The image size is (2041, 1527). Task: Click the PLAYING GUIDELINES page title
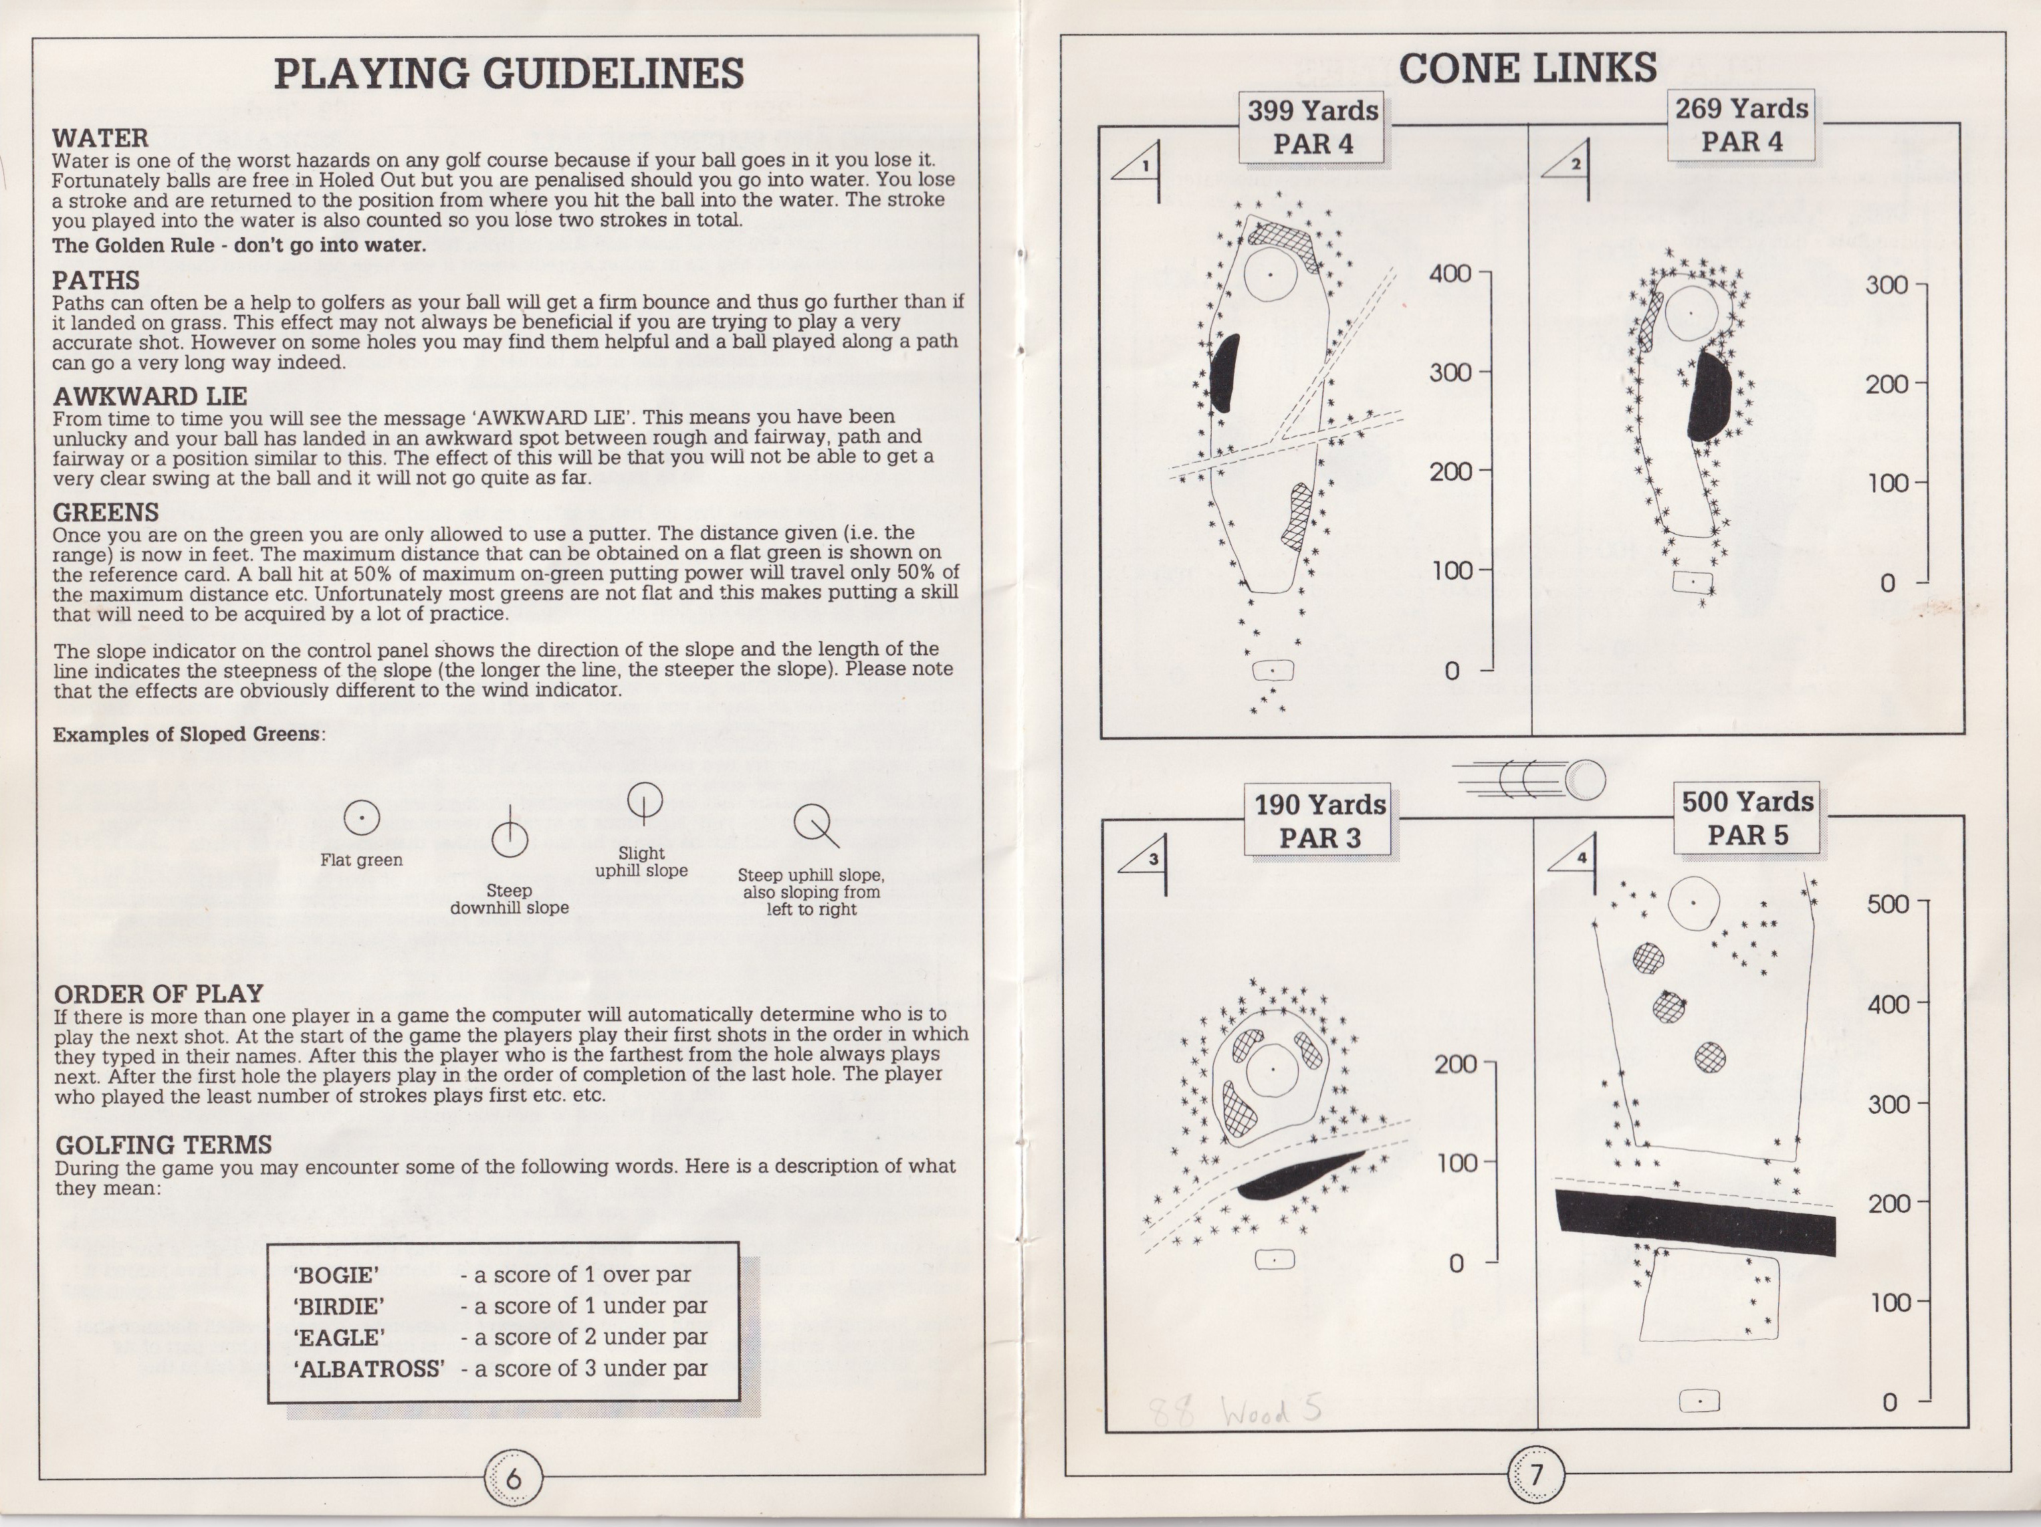tap(508, 74)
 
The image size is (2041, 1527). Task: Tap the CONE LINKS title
tap(1528, 68)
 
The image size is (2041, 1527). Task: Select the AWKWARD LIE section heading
tap(150, 396)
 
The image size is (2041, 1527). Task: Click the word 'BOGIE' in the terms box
tap(337, 1275)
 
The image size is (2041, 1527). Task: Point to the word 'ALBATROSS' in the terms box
tap(369, 1369)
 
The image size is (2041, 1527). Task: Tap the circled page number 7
tap(1536, 1474)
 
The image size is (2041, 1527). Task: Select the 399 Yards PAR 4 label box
tap(1313, 128)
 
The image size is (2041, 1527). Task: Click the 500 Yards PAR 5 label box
tap(1747, 818)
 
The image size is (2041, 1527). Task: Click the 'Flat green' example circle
tap(362, 818)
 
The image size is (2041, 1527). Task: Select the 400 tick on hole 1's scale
tap(1484, 274)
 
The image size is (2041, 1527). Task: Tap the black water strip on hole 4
tap(1695, 1221)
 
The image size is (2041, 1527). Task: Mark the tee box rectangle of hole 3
tap(1274, 1260)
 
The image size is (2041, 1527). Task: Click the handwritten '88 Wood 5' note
tap(1234, 1411)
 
